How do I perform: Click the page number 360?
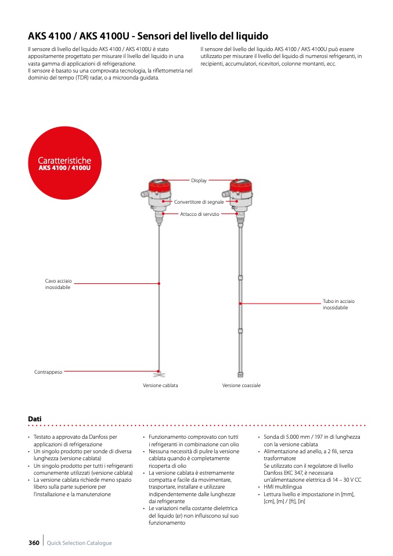click(x=34, y=543)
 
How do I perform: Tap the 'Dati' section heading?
click(x=34, y=418)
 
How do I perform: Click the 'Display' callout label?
click(x=199, y=180)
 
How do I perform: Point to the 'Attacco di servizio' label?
click(x=200, y=214)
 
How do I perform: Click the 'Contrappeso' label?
click(x=48, y=371)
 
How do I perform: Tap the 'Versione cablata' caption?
click(x=160, y=385)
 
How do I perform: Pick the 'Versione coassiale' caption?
click(x=241, y=385)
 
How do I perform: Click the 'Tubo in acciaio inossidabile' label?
click(x=338, y=304)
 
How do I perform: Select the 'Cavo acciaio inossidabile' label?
click(x=58, y=284)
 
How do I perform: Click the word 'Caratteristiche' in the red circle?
click(x=64, y=160)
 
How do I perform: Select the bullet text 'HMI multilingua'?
click(x=283, y=487)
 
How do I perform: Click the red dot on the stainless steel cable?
click(x=159, y=283)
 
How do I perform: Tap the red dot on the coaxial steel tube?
click(x=240, y=303)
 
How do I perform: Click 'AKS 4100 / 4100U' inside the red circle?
click(x=64, y=168)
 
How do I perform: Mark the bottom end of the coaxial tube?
click(x=240, y=374)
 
